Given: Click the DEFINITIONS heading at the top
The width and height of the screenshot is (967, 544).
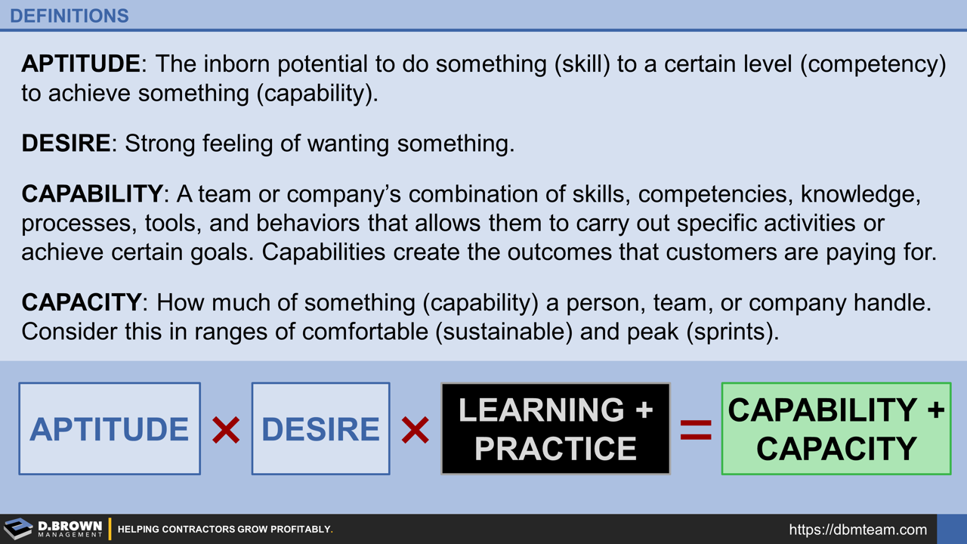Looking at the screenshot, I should point(70,16).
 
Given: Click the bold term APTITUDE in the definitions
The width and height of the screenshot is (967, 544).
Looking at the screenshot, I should point(81,64).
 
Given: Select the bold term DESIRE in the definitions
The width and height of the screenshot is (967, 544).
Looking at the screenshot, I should point(66,143).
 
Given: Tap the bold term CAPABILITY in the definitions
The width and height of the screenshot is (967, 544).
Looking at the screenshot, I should point(91,194).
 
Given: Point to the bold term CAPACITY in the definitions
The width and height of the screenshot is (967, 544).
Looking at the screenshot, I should point(81,303).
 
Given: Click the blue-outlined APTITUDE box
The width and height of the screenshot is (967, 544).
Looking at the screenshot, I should point(110,428).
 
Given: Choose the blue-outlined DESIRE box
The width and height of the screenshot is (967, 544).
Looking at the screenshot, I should point(320,428).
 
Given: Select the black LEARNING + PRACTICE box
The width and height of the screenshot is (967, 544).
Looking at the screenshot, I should point(555,428).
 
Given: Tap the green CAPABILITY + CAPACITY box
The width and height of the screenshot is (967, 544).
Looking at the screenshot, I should point(836,428).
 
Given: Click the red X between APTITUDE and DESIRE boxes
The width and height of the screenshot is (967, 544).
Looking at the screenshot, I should point(226,431).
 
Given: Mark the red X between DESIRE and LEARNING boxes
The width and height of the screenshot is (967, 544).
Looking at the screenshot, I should point(415,431).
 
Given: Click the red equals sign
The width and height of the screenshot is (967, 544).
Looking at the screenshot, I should point(696,431).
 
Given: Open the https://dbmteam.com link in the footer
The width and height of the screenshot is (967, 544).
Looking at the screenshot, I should point(857,530).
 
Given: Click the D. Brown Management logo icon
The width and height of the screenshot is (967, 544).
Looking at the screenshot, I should point(18,529).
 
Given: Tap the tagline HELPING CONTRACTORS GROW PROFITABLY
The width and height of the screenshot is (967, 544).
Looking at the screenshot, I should point(225,530).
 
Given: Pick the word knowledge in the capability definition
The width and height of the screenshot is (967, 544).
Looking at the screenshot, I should point(860,194).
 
